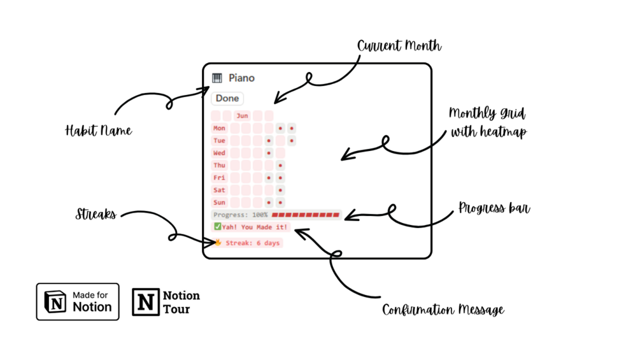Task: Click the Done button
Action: click(227, 98)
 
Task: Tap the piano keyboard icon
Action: click(217, 78)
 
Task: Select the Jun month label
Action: click(242, 116)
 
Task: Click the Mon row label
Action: click(219, 128)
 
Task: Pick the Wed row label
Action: click(219, 153)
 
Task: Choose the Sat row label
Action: click(219, 190)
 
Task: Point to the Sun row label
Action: click(219, 203)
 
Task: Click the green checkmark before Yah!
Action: click(218, 227)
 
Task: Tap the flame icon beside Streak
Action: click(218, 243)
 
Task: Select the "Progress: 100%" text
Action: click(240, 215)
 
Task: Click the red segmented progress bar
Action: click(306, 215)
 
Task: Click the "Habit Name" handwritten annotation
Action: click(99, 131)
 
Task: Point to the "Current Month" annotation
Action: click(399, 47)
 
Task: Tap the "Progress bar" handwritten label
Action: click(494, 208)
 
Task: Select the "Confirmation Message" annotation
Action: click(443, 310)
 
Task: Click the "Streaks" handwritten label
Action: click(96, 215)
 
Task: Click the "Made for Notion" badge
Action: click(78, 301)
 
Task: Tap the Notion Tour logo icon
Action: click(146, 301)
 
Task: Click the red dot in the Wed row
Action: click(269, 153)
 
